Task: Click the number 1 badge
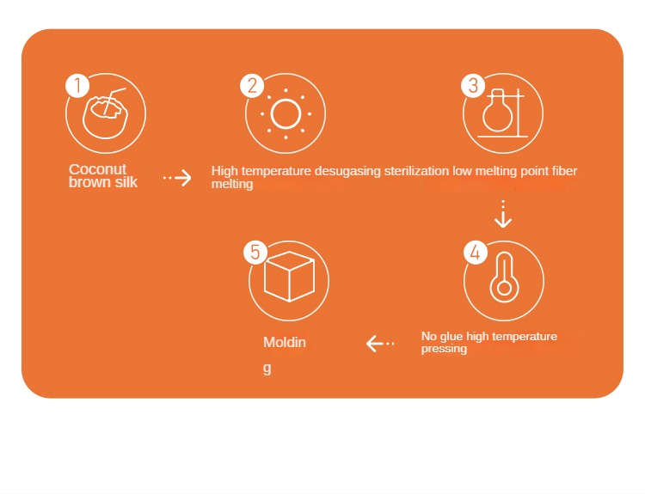[77, 86]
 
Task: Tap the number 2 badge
[252, 86]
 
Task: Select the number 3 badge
[473, 86]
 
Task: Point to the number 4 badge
[476, 253]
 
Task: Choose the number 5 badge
[255, 253]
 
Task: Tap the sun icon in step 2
[286, 114]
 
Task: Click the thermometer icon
[504, 277]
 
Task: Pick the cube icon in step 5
[289, 276]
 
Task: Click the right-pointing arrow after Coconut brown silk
[177, 178]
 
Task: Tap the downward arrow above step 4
[503, 214]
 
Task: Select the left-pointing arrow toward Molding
[380, 343]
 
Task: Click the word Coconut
[97, 169]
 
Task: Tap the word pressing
[444, 349]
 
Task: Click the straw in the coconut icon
[114, 99]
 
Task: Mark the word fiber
[564, 171]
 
